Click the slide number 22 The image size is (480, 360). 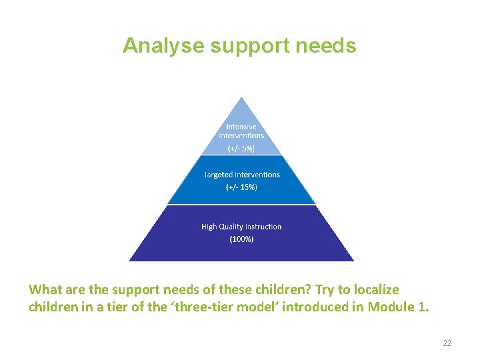point(447,343)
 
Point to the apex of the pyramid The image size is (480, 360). point(241,98)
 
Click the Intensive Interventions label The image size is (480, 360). point(241,131)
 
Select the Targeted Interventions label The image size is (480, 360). point(241,175)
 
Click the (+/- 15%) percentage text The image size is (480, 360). point(241,187)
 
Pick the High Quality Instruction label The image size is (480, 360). point(241,227)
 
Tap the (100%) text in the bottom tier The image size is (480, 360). point(241,239)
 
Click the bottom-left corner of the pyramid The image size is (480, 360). point(130,260)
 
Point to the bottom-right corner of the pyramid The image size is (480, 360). point(353,260)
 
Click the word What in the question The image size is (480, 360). point(43,289)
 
